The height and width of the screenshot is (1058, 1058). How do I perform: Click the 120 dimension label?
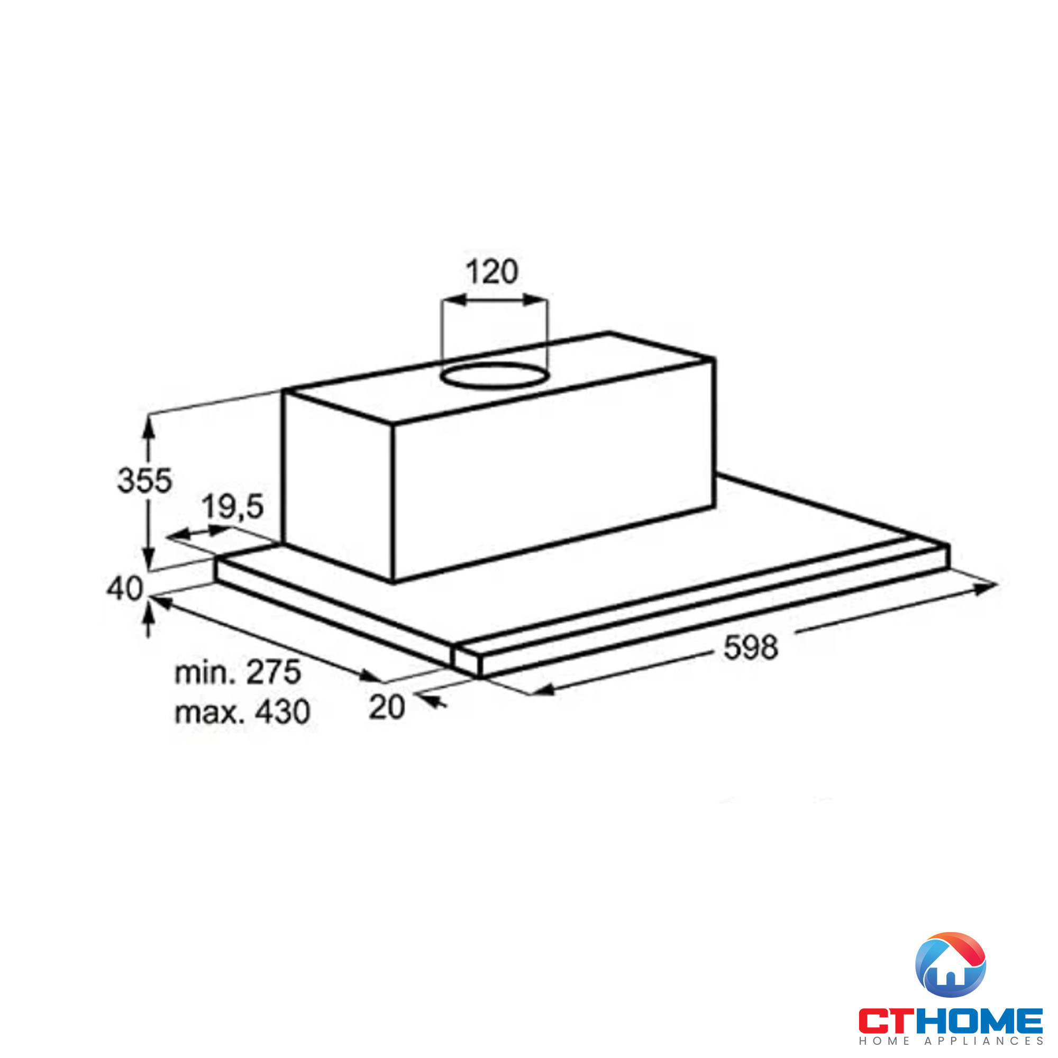tap(491, 271)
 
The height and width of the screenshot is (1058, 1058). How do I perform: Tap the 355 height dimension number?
tap(144, 480)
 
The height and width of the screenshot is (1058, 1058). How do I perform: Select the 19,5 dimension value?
tap(233, 507)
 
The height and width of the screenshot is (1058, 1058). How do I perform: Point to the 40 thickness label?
tap(124, 589)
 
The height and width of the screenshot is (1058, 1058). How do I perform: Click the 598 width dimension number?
tap(750, 647)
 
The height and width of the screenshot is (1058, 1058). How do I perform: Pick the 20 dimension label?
tap(387, 707)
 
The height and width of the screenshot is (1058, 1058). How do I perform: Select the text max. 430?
tap(242, 712)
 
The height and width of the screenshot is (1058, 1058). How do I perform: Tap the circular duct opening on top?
tap(494, 376)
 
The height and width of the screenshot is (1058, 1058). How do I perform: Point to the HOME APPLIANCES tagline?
tap(950, 1041)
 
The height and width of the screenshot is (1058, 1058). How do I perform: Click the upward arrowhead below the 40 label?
tap(149, 617)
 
